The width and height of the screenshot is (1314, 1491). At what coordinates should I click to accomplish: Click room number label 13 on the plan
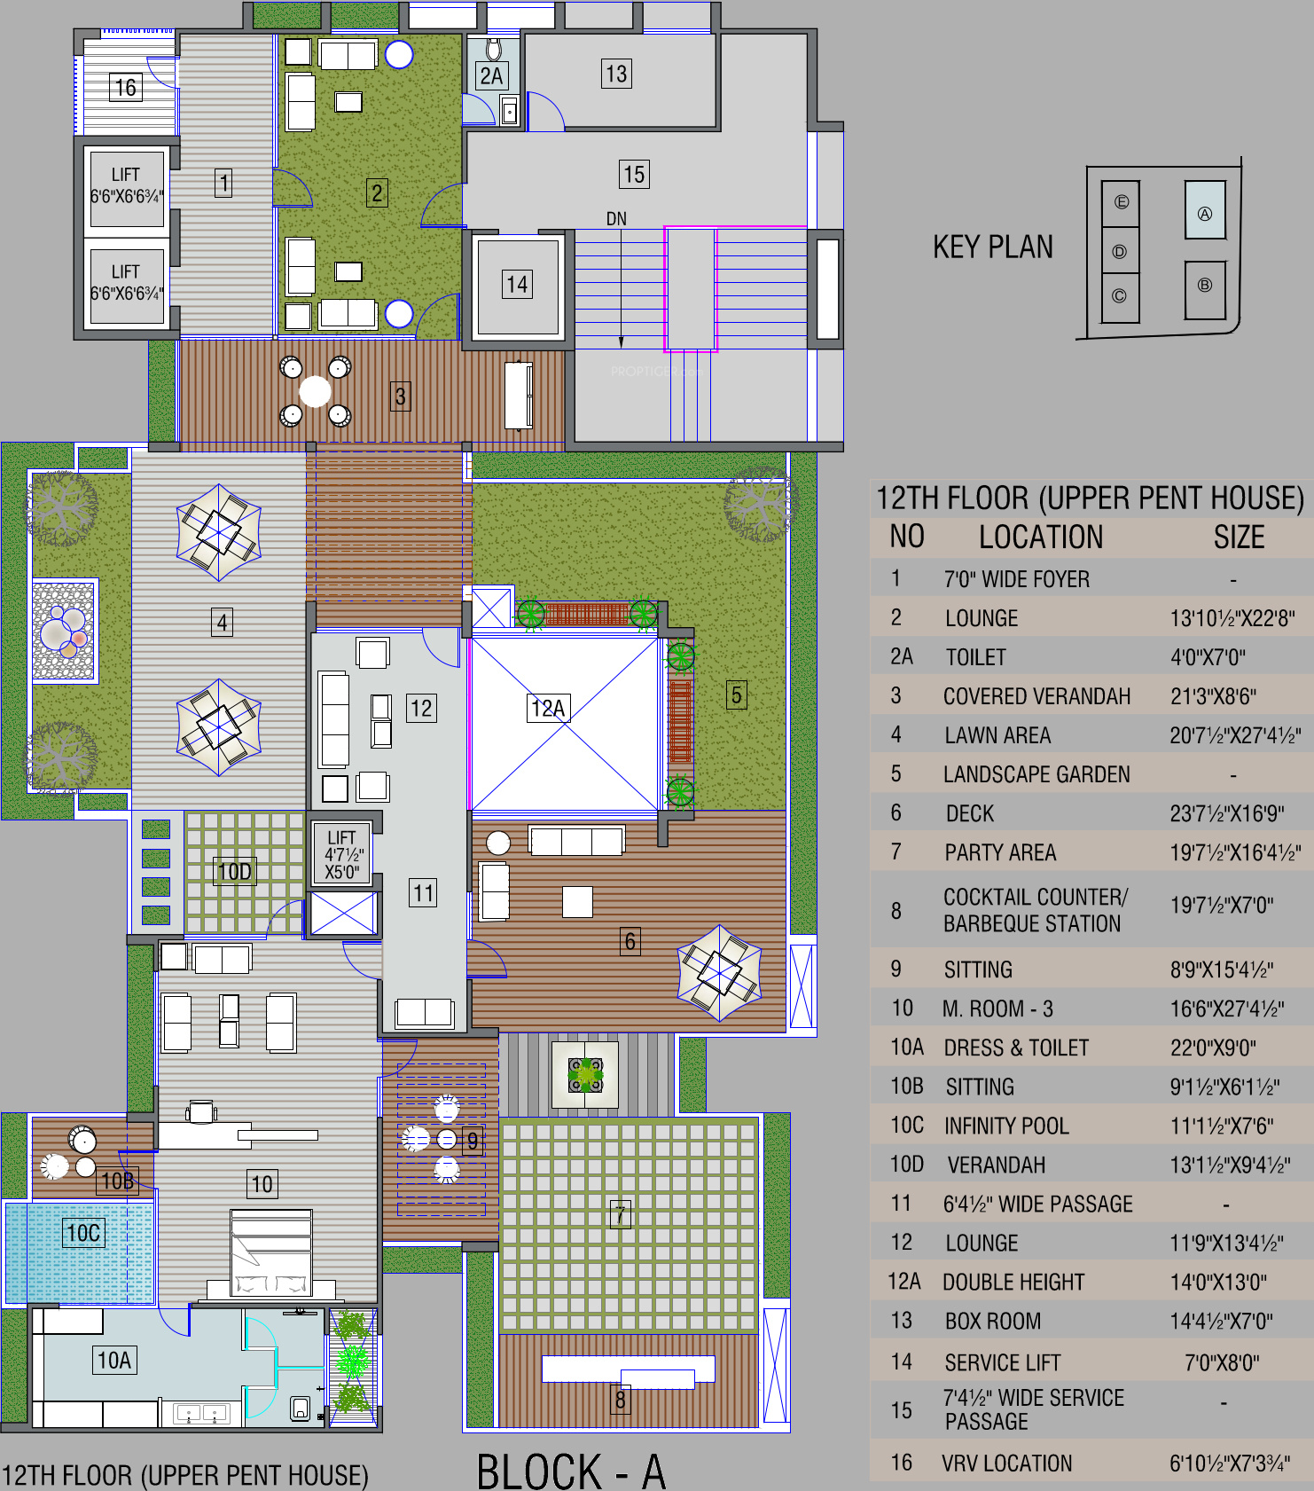click(x=616, y=74)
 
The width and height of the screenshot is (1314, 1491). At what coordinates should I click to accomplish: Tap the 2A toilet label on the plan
click(x=491, y=76)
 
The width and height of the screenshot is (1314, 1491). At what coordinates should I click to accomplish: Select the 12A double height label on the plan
click(x=548, y=708)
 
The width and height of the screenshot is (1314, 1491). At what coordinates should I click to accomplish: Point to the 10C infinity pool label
click(x=84, y=1233)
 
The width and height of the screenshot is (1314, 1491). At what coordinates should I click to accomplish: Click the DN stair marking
click(x=616, y=219)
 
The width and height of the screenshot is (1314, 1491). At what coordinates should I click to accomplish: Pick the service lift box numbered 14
click(x=518, y=285)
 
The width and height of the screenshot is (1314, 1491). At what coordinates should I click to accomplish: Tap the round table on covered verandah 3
click(x=315, y=390)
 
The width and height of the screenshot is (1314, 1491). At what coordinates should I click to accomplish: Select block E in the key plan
click(x=1121, y=202)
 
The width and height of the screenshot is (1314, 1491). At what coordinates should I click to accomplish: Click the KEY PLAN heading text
click(x=993, y=247)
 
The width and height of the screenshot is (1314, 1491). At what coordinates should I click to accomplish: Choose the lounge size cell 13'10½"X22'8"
click(x=1232, y=618)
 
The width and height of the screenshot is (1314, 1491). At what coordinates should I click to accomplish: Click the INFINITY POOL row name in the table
click(x=1006, y=1126)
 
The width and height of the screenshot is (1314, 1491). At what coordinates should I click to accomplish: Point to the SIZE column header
click(x=1240, y=538)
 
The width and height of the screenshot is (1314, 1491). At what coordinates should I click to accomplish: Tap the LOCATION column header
click(x=1041, y=538)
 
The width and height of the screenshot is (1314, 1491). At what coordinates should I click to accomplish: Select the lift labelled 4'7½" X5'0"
click(x=341, y=854)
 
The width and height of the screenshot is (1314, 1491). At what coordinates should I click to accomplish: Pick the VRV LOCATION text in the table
click(x=1006, y=1464)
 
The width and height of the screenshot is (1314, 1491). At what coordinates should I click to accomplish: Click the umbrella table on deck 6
click(x=720, y=973)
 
